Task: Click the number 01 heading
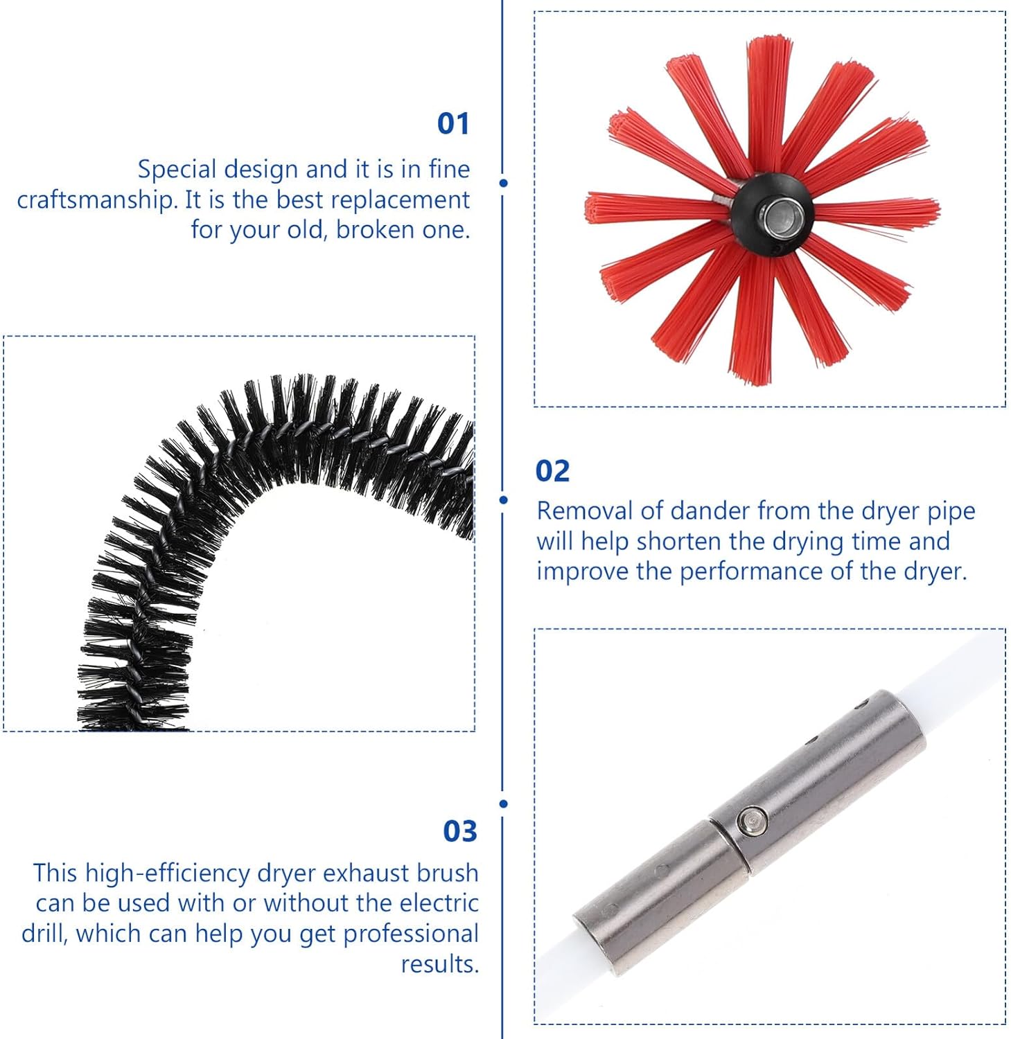453,124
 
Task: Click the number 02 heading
552,472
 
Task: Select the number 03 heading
460,831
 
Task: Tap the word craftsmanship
97,200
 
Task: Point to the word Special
177,170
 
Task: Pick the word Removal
585,511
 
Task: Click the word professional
411,934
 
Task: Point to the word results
439,964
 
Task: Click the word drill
43,934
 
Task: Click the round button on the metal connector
752,821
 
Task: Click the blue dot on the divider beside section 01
503,183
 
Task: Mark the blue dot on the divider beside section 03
503,803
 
